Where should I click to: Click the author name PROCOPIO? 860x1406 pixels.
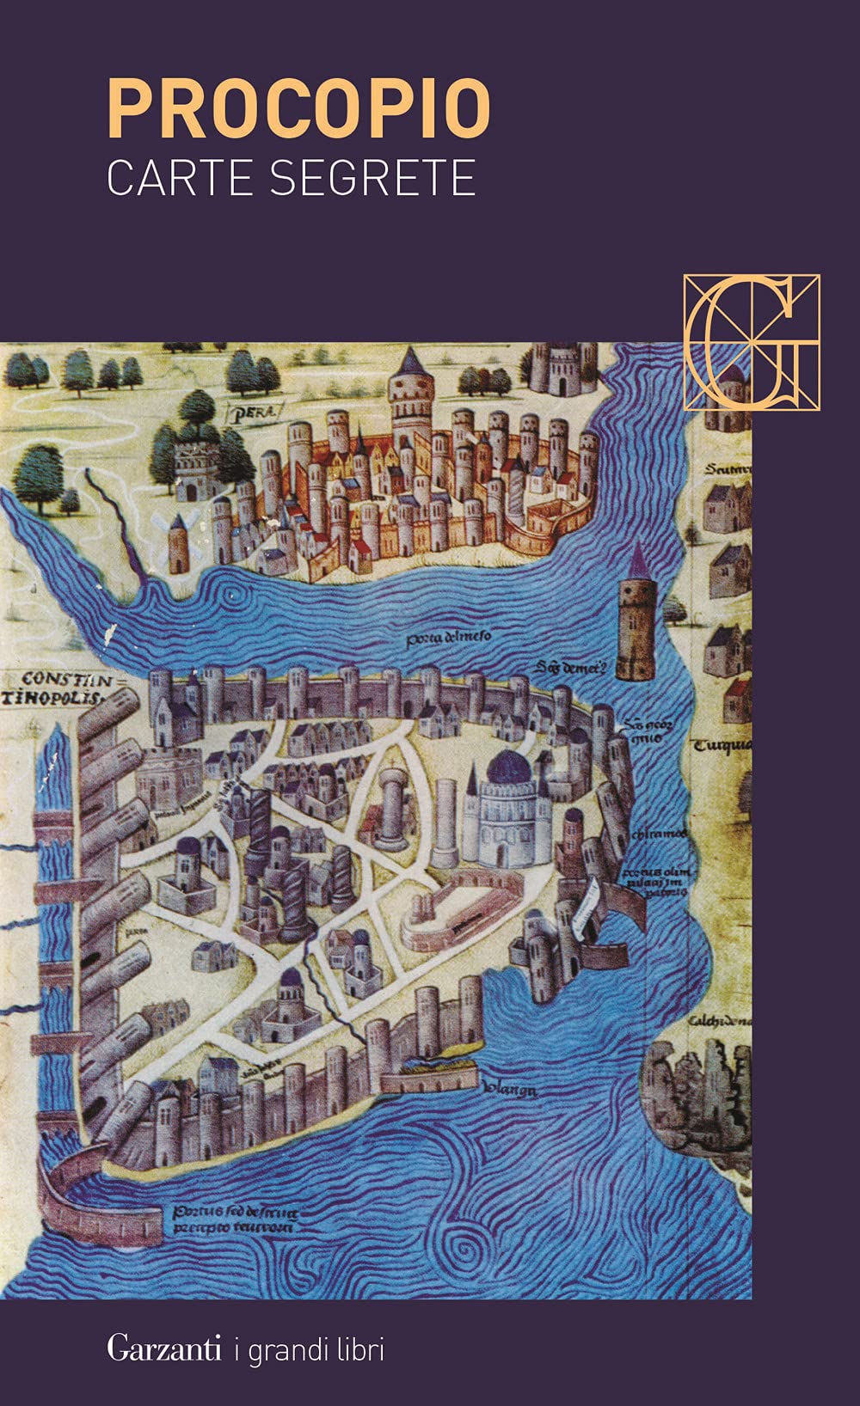[298, 109]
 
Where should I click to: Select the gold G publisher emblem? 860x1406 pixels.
[752, 341]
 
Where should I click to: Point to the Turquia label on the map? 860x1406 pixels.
[722, 744]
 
